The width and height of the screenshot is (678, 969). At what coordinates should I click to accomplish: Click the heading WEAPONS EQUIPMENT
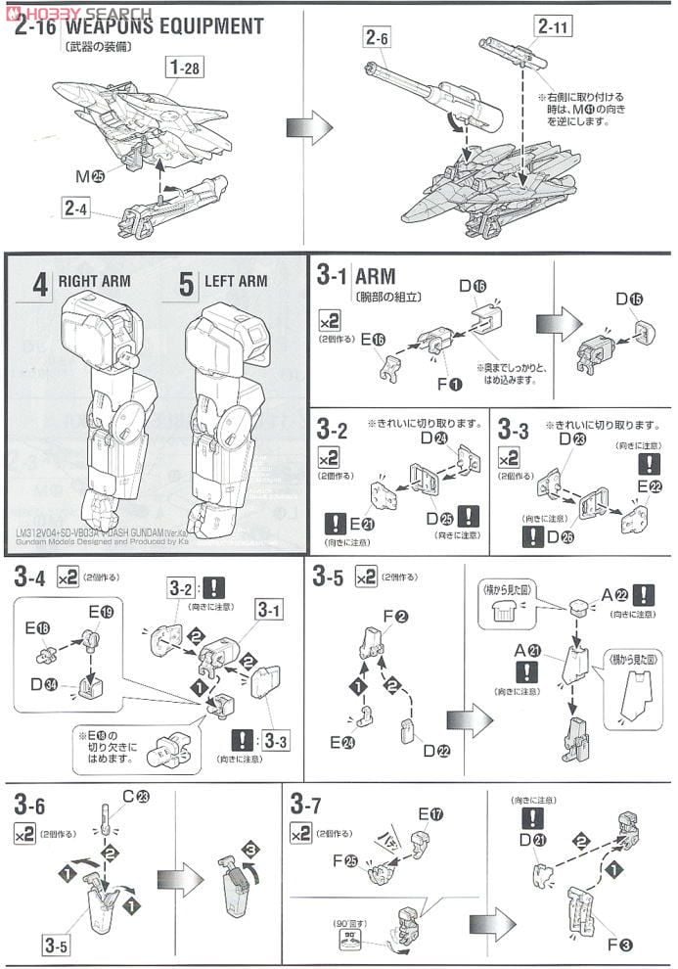166,26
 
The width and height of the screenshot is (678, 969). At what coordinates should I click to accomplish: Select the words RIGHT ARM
94,282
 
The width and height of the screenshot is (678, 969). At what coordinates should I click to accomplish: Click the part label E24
341,744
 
